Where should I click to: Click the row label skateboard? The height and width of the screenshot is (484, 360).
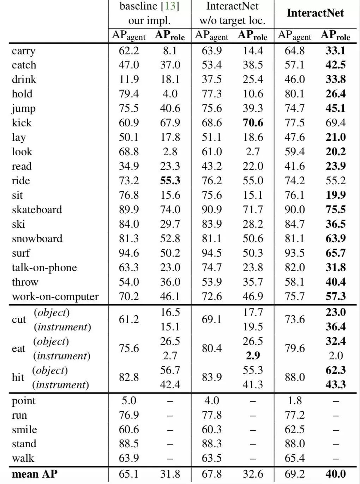(37, 210)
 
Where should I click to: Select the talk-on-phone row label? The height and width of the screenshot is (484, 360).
(44, 268)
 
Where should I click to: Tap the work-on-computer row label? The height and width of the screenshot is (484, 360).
(55, 297)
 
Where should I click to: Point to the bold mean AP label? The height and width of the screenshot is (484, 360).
(34, 474)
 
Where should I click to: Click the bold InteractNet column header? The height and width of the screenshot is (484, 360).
(315, 13)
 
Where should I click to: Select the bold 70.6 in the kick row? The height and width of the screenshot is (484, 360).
(253, 123)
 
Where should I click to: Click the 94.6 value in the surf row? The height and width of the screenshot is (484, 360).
(129, 253)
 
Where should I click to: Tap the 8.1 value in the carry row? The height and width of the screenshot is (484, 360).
(170, 50)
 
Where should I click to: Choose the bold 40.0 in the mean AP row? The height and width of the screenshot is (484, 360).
(335, 474)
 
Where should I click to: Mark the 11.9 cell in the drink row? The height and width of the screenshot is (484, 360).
(129, 79)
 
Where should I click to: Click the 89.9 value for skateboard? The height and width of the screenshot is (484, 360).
(129, 210)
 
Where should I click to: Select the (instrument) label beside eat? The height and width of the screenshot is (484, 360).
(62, 356)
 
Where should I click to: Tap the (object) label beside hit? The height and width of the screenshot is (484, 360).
(50, 370)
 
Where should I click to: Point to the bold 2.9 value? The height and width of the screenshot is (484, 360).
(253, 356)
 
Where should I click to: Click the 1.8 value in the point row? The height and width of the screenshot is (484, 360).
(294, 401)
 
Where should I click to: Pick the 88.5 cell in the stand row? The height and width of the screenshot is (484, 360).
(129, 444)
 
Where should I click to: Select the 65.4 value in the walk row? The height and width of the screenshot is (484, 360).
(294, 458)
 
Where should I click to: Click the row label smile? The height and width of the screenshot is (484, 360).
(24, 430)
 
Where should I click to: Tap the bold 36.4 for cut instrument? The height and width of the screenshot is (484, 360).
(335, 327)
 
